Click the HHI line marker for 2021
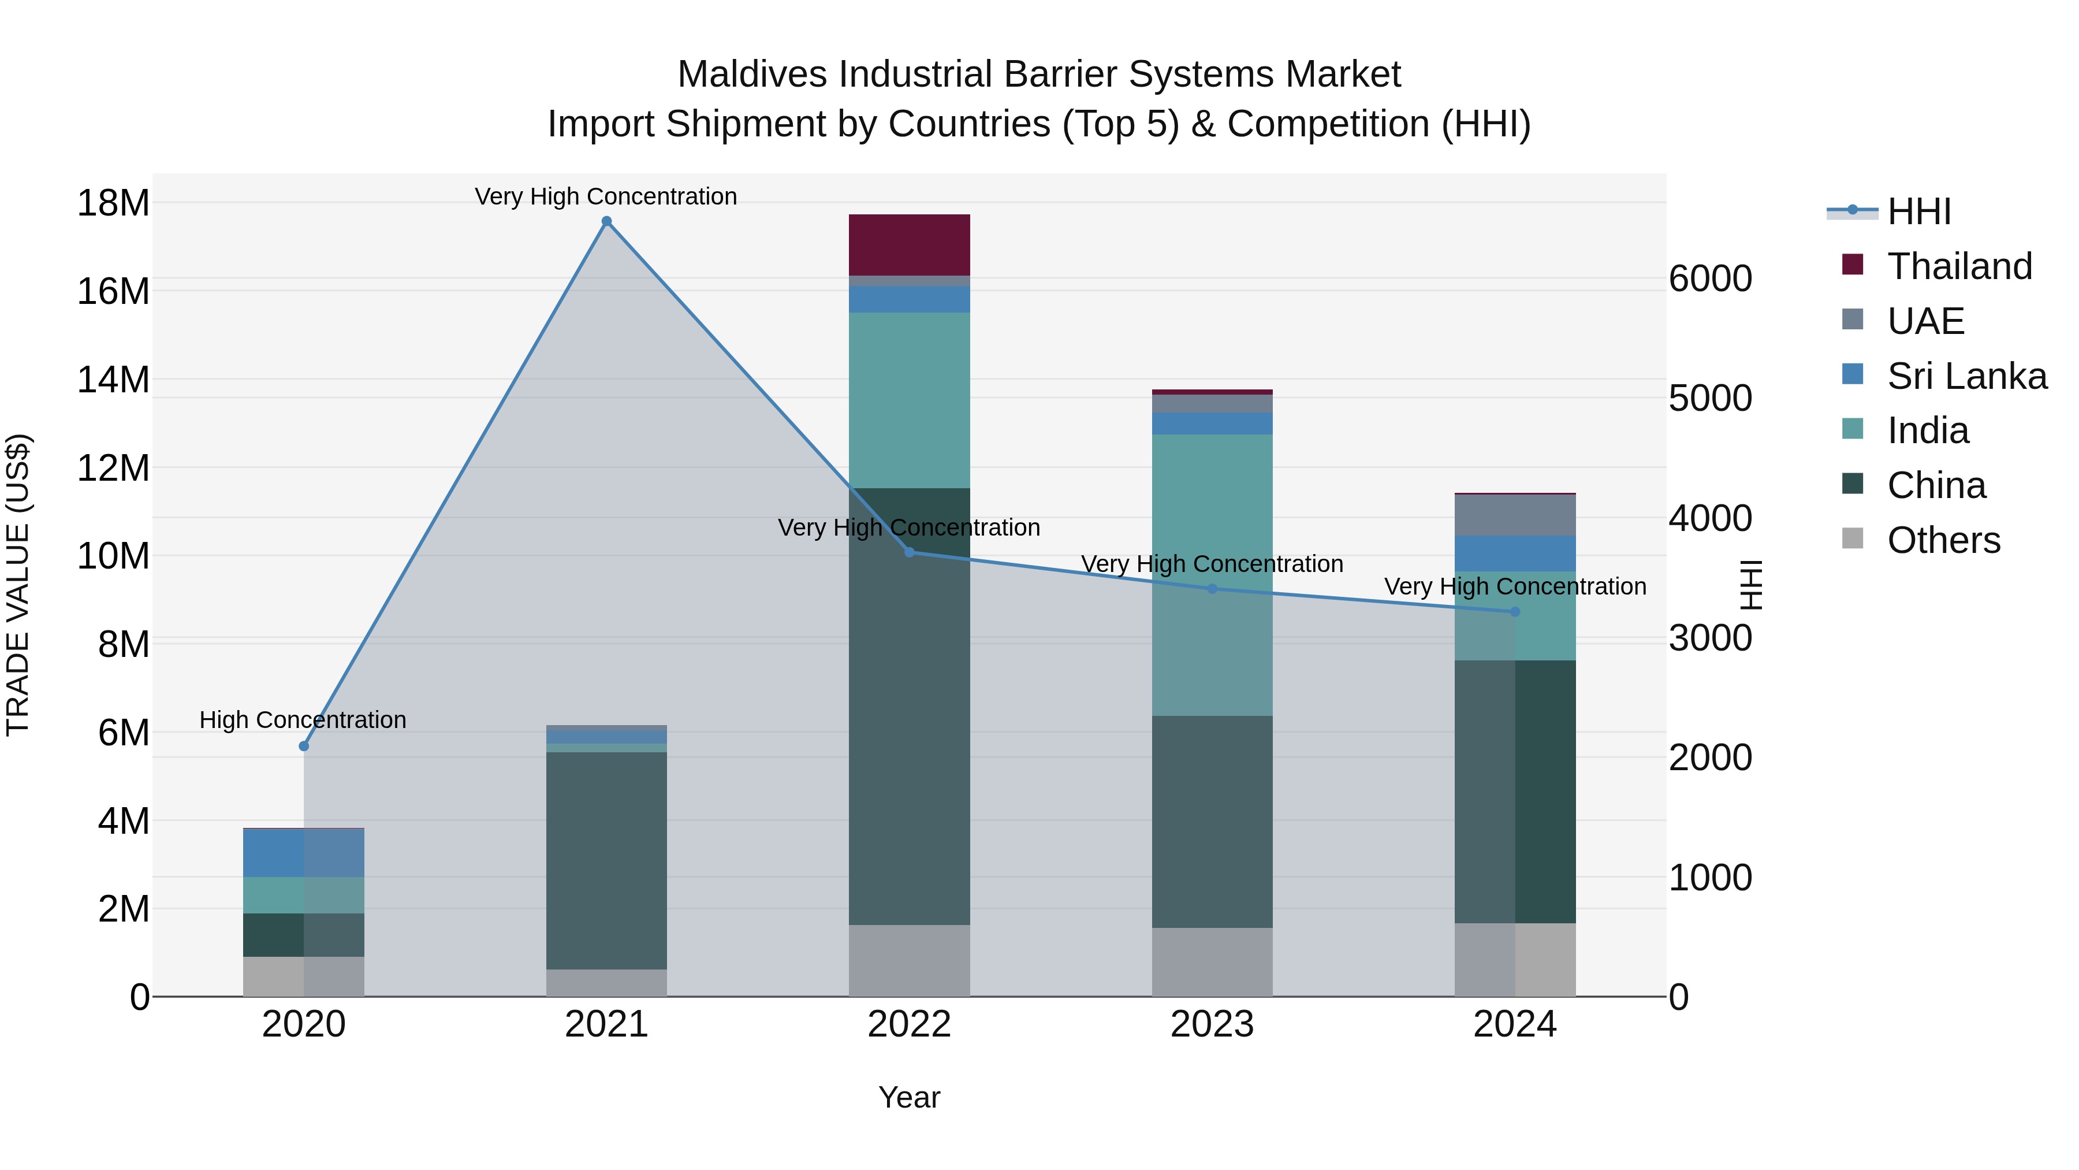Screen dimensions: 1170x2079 pos(607,221)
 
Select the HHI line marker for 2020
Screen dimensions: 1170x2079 pos(304,746)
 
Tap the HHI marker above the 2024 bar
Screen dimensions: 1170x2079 pos(1515,612)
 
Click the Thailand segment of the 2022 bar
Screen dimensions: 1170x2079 pos(910,244)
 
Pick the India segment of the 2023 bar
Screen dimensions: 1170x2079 pos(1212,574)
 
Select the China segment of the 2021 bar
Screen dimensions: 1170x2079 pos(607,860)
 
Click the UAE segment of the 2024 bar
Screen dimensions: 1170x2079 pos(1515,515)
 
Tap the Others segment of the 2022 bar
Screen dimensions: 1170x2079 pos(910,960)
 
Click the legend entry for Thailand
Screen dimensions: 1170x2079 pos(1959,266)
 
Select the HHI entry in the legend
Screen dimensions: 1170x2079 pos(1918,211)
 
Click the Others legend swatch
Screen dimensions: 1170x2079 pos(1853,538)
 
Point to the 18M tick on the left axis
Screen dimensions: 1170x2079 pos(113,203)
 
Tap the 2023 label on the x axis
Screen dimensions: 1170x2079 pos(1212,1024)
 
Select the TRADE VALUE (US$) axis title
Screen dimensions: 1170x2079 pos(18,585)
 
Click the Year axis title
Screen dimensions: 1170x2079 pos(909,1097)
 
